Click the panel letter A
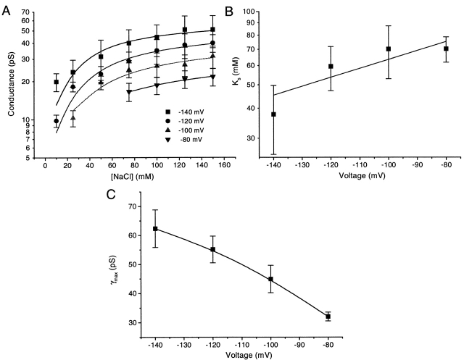(7, 8)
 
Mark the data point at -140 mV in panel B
(273, 114)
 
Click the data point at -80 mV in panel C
(328, 317)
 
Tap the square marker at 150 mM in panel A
(212, 30)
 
